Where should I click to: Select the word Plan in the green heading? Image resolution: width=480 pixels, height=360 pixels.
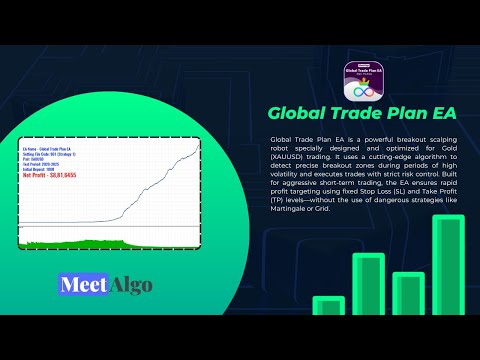pos(390,111)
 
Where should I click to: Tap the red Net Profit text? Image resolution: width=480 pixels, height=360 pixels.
pos(52,176)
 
